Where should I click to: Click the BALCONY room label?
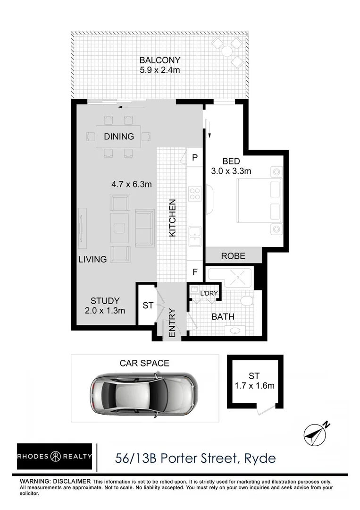(159, 60)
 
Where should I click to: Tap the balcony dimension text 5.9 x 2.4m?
(159, 70)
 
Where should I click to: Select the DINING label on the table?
(119, 137)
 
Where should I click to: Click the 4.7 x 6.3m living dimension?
(132, 184)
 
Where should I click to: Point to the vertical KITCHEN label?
(172, 218)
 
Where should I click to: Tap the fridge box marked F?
(194, 272)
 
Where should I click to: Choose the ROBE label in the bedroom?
(233, 256)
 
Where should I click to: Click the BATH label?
(223, 317)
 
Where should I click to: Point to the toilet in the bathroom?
(246, 301)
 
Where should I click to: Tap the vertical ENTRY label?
(172, 323)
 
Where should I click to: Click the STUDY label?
(105, 301)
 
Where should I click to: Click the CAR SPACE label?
(144, 363)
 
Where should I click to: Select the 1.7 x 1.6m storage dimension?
(254, 386)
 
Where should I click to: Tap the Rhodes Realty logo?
(54, 457)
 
